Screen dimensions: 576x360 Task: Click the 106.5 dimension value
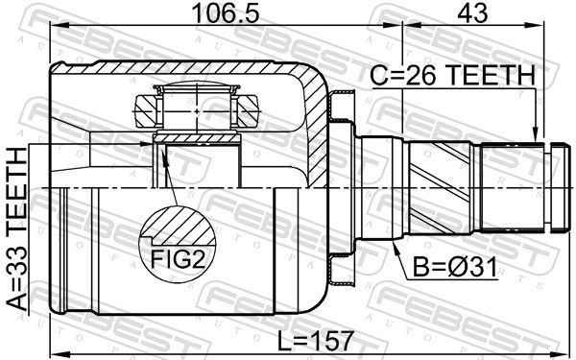tap(226, 12)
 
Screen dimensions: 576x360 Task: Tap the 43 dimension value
tap(472, 12)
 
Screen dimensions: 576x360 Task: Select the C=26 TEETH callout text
tap(452, 75)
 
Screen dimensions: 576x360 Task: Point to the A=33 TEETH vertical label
tap(17, 228)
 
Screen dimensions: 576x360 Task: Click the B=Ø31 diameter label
tap(455, 267)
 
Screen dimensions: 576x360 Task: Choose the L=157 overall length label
tap(315, 340)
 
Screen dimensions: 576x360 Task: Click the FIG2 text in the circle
tap(178, 260)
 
